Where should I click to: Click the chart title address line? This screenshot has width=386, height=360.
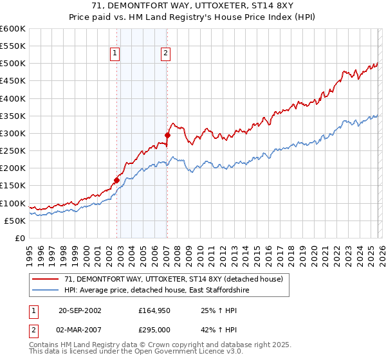(x=193, y=6)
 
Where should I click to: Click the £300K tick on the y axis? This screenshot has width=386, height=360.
(x=13, y=134)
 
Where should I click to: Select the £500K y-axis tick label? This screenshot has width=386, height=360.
(x=13, y=64)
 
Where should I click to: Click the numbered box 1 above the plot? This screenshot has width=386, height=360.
(x=115, y=54)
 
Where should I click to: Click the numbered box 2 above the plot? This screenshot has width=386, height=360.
(x=165, y=54)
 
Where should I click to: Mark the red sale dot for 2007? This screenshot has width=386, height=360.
(x=167, y=136)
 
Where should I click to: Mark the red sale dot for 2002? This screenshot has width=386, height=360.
(x=116, y=181)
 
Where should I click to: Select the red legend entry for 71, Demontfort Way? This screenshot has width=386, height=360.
(x=178, y=279)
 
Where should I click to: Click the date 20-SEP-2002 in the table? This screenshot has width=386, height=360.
(x=80, y=310)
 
